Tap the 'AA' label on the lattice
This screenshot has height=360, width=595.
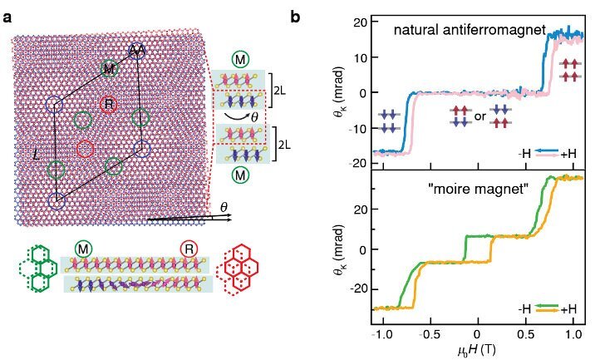click(138, 52)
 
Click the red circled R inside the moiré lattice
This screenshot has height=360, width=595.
click(108, 104)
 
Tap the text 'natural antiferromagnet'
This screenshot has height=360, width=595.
click(469, 31)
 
